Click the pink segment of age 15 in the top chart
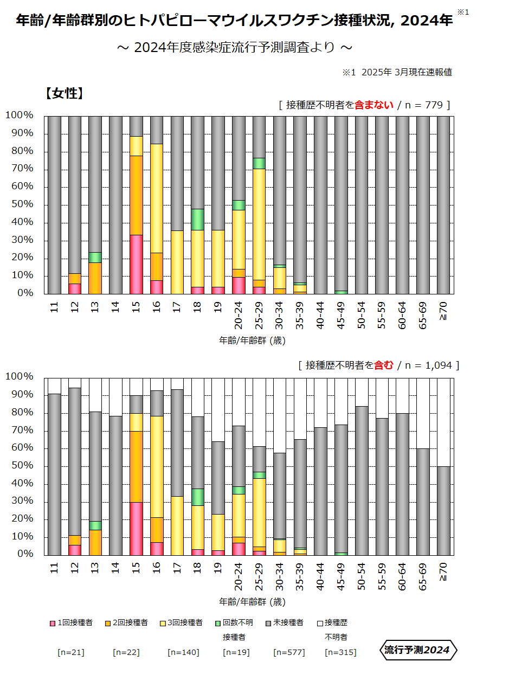(x=136, y=264)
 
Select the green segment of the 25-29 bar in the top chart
(x=259, y=163)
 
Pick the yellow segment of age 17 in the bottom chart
(x=177, y=525)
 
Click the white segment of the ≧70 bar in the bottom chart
(x=443, y=422)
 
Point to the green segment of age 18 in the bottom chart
(x=198, y=497)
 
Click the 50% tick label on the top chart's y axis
(x=20, y=204)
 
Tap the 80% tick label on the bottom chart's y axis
(x=20, y=413)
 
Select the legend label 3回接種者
(x=185, y=623)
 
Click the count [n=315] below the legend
(x=340, y=652)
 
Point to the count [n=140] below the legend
(x=183, y=652)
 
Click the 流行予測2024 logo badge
(x=417, y=650)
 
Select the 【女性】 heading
(x=65, y=93)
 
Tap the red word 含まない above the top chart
(x=374, y=105)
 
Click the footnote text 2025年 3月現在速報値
(x=407, y=72)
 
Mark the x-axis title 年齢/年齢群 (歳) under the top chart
(x=252, y=341)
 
